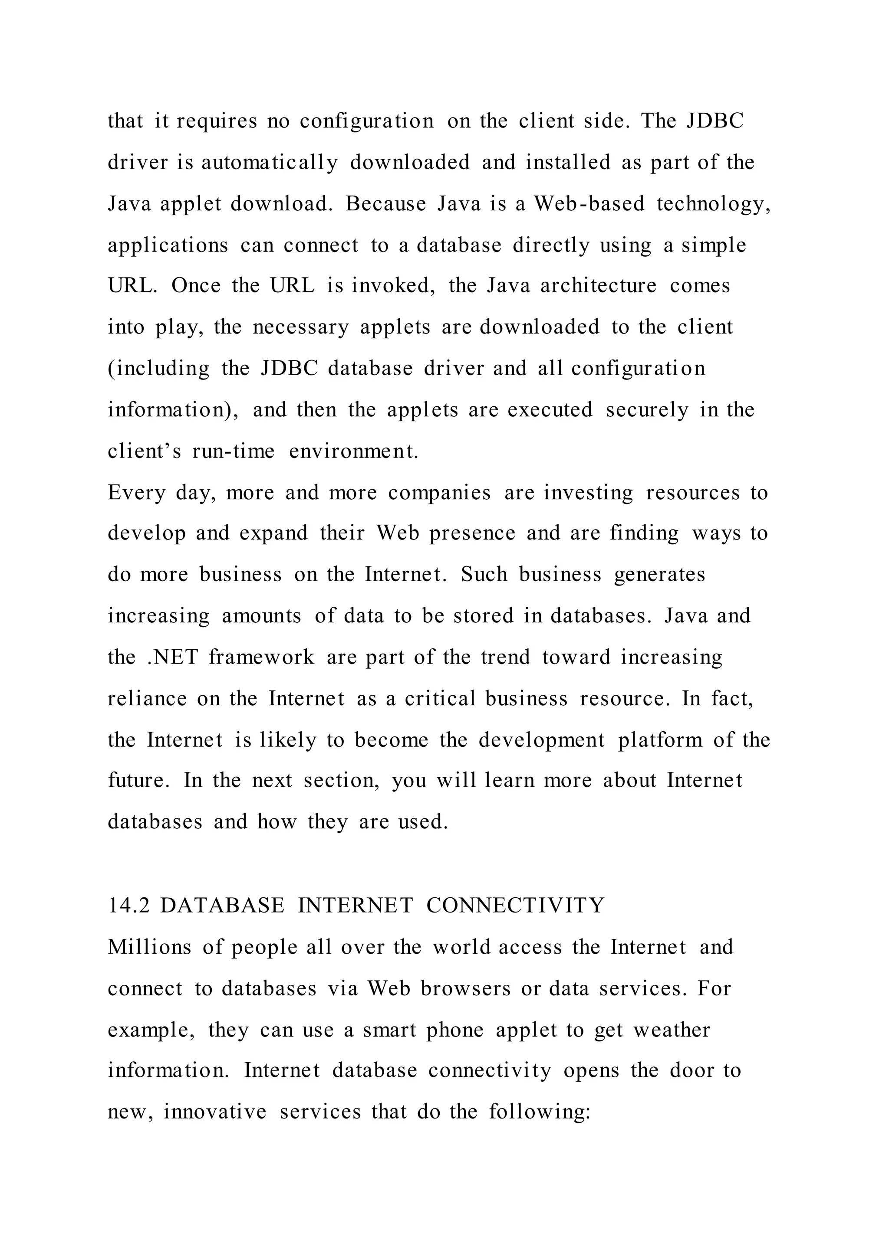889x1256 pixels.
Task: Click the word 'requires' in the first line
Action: [x=217, y=121]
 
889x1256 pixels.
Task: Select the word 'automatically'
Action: [x=269, y=163]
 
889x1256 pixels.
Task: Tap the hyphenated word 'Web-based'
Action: [x=589, y=204]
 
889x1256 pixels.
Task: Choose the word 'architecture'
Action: [x=598, y=286]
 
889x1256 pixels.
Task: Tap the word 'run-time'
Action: [x=233, y=451]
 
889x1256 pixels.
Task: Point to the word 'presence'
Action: [x=472, y=533]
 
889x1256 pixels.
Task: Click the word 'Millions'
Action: [x=149, y=947]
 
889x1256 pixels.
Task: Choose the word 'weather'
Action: [x=672, y=1030]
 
